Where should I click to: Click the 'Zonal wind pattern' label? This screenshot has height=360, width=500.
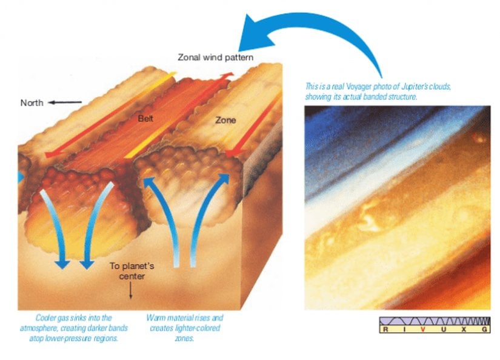[x=216, y=58]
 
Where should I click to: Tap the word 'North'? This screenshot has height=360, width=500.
[x=32, y=102]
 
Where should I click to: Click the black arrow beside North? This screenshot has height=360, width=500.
[x=65, y=102]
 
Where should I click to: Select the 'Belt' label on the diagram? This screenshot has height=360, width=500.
[x=145, y=119]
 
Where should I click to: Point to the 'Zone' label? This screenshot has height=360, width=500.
[x=225, y=120]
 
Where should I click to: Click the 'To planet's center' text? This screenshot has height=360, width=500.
[x=132, y=271]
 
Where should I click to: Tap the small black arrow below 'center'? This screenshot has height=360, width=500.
[x=130, y=290]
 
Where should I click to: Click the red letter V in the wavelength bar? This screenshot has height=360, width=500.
[x=423, y=329]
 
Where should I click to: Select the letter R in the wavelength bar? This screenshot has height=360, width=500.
[x=385, y=329]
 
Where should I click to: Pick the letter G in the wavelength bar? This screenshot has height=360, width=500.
[x=485, y=329]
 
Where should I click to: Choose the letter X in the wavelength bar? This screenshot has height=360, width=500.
[x=464, y=329]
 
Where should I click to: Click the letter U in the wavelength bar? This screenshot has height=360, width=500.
[x=444, y=329]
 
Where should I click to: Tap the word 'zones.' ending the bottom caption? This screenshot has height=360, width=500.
[x=185, y=338]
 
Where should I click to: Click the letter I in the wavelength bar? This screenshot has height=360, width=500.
[x=404, y=329]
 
